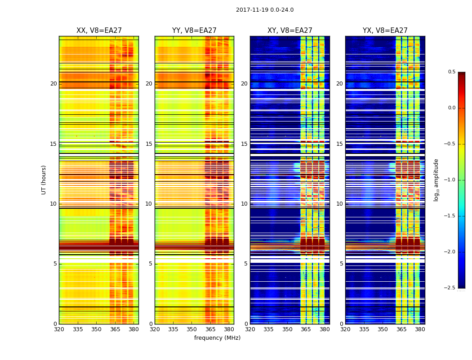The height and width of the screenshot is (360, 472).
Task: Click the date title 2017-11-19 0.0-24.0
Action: coord(264,10)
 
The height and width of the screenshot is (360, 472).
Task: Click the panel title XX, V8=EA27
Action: coord(99,31)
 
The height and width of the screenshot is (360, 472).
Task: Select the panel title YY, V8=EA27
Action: coord(194,31)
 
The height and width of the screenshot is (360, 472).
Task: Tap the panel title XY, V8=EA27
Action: coord(289,31)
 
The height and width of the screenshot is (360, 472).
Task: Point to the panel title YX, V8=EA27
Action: coord(385,31)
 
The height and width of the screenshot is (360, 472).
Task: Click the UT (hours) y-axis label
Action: coord(44,180)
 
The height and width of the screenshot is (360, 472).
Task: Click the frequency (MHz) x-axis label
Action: coord(217,338)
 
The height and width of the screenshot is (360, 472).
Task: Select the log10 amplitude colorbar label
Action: coord(436,180)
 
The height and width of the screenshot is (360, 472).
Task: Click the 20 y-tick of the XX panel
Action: coord(53,84)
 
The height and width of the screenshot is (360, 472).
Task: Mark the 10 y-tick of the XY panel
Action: coord(244,204)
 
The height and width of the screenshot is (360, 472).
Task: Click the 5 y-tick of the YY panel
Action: coord(150,264)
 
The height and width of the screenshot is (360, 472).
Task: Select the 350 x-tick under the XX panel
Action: coord(96,329)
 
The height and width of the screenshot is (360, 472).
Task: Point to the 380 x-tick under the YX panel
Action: coord(420,329)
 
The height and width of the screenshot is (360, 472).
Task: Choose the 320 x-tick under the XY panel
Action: coord(250,329)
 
